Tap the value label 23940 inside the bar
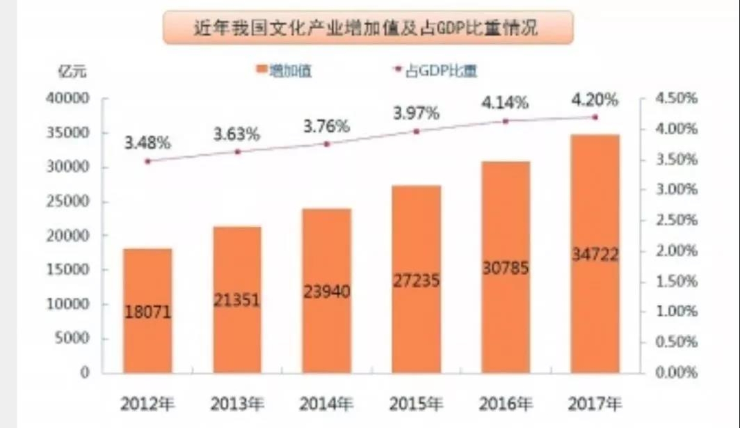tap(327, 292)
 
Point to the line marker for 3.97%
tap(416, 132)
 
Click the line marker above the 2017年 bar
tap(595, 117)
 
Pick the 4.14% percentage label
tap(505, 103)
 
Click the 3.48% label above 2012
tap(148, 143)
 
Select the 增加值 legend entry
tap(284, 71)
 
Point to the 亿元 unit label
tap(72, 71)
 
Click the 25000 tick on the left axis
tap(68, 201)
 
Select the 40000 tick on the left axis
tap(68, 99)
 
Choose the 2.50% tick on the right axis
tap(677, 220)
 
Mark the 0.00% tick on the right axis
tap(677, 372)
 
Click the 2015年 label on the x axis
tap(416, 404)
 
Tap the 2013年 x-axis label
tap(237, 404)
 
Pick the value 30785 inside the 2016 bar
tap(505, 268)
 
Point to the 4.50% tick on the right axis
tap(677, 99)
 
